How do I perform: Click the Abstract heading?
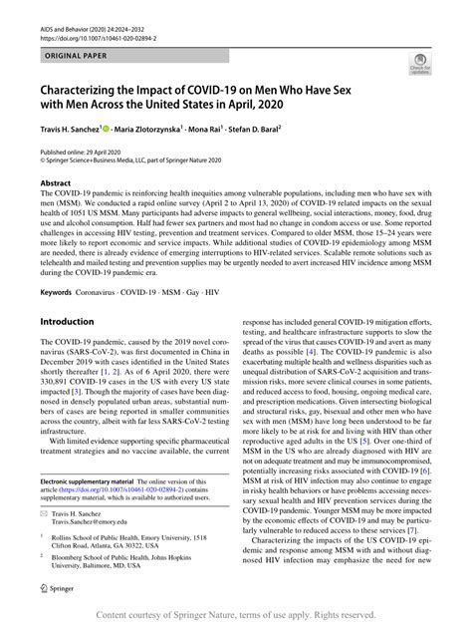pos(55,183)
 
